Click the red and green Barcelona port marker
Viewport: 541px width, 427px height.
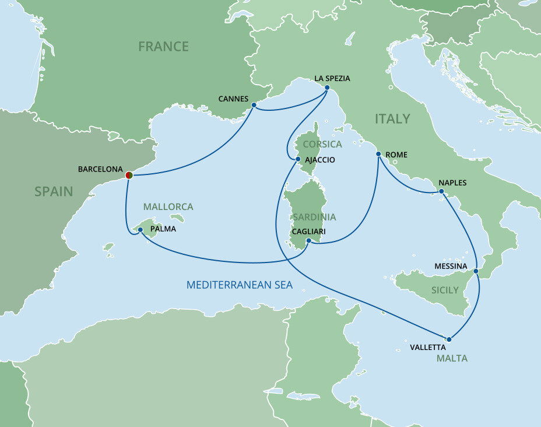[129, 174]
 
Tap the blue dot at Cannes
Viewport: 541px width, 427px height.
[254, 105]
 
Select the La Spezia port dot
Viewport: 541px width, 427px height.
[326, 88]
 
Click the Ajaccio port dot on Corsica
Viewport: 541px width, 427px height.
[298, 159]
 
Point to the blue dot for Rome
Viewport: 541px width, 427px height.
[379, 154]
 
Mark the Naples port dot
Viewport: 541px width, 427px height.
[441, 191]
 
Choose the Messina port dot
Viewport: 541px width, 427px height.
[476, 271]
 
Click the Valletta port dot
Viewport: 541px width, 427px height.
[449, 339]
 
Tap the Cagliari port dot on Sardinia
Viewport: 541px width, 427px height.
[308, 240]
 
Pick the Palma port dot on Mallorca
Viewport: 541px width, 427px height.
[140, 230]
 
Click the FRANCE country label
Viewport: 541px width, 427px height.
[163, 47]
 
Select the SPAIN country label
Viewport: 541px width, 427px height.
[54, 191]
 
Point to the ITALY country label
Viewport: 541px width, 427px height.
[392, 118]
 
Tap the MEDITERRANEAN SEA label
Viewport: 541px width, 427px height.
[239, 285]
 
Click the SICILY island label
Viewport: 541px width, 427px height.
[445, 290]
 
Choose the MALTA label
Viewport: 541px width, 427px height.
[452, 358]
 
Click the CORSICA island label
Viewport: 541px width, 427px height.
[322, 144]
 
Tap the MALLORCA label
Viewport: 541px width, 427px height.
[168, 207]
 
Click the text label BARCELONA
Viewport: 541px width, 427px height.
[100, 170]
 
